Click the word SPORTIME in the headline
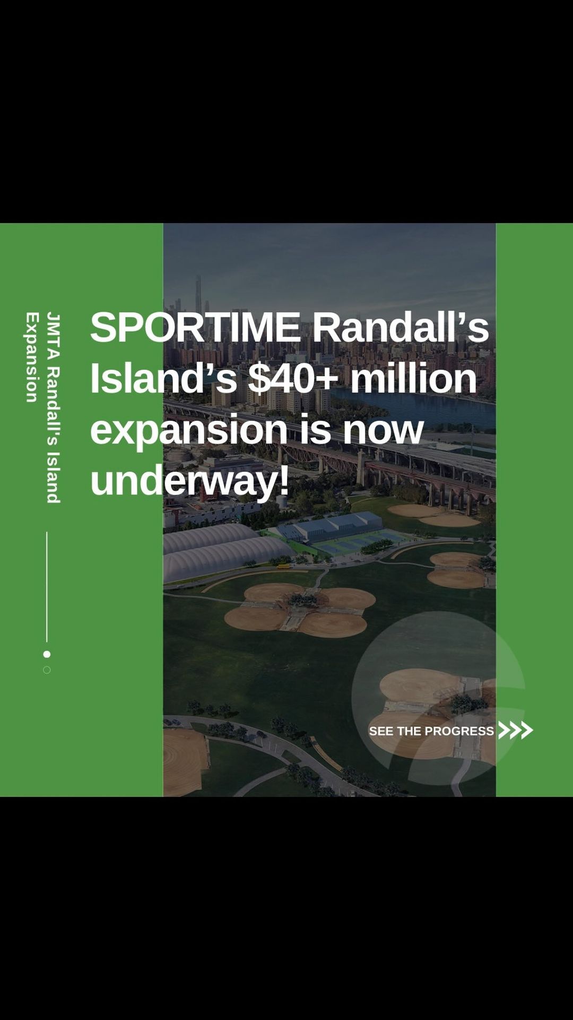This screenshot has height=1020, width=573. [x=196, y=327]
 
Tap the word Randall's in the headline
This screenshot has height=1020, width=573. [x=400, y=327]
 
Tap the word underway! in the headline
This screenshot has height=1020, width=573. [x=190, y=481]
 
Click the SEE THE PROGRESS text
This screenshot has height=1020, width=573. [x=431, y=731]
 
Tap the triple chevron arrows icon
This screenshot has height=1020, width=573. [x=515, y=730]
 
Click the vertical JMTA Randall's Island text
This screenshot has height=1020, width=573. [x=53, y=407]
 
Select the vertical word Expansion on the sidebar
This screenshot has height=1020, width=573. [x=32, y=357]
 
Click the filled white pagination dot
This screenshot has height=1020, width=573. [x=47, y=654]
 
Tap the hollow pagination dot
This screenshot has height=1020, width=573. [x=47, y=670]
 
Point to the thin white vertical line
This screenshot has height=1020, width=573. [x=47, y=587]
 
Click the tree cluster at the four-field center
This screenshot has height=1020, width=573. [x=302, y=601]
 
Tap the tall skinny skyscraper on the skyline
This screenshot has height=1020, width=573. [x=198, y=292]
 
